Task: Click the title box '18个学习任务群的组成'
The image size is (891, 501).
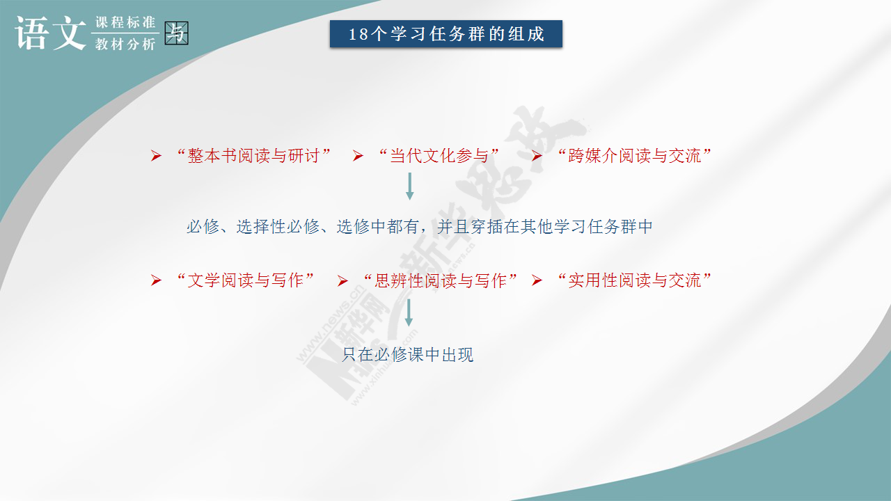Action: (x=446, y=34)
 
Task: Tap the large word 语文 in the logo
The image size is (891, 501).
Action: (x=51, y=33)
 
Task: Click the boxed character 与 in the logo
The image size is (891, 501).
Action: (x=176, y=33)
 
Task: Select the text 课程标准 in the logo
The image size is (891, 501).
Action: (x=125, y=22)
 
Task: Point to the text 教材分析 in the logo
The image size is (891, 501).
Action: (x=125, y=44)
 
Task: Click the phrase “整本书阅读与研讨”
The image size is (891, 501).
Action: (x=254, y=155)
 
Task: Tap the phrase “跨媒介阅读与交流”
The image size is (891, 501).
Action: (x=634, y=155)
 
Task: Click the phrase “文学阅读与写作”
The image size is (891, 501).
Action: (x=246, y=280)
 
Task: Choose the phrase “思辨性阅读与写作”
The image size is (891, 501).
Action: (x=441, y=280)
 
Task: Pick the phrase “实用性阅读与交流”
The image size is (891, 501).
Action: (x=634, y=280)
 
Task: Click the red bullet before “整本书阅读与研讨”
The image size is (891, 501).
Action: (x=157, y=156)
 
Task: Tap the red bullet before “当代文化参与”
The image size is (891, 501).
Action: (x=358, y=156)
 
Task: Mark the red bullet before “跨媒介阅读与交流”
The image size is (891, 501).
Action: (x=537, y=156)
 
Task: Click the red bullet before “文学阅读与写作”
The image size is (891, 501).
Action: (x=157, y=280)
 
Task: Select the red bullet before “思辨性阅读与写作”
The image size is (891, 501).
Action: (x=342, y=281)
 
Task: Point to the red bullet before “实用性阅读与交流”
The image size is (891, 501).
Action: (x=537, y=280)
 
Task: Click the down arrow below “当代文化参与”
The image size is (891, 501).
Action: (x=410, y=186)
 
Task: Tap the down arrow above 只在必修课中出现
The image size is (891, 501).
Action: (x=409, y=313)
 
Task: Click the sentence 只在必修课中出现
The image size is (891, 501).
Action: (x=408, y=355)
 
